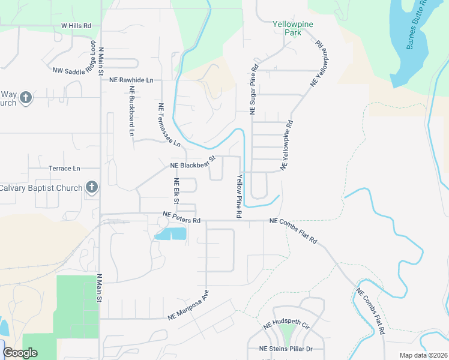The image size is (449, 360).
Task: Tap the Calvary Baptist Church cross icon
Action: tap(92, 188)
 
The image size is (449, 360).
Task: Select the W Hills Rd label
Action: tap(76, 26)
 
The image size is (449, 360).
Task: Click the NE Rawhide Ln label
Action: tap(131, 80)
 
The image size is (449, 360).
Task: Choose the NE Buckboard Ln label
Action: tap(131, 110)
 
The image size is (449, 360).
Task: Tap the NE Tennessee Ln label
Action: tap(169, 125)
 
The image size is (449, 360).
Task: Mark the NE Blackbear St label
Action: tap(193, 162)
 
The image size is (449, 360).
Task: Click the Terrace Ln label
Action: tap(64, 169)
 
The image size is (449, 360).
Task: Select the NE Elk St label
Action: tap(176, 191)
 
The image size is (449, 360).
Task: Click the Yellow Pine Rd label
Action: tap(239, 196)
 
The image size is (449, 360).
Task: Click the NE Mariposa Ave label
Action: tap(188, 306)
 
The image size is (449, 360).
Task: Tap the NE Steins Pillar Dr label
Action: tap(286, 349)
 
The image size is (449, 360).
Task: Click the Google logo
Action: tap(20, 353)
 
